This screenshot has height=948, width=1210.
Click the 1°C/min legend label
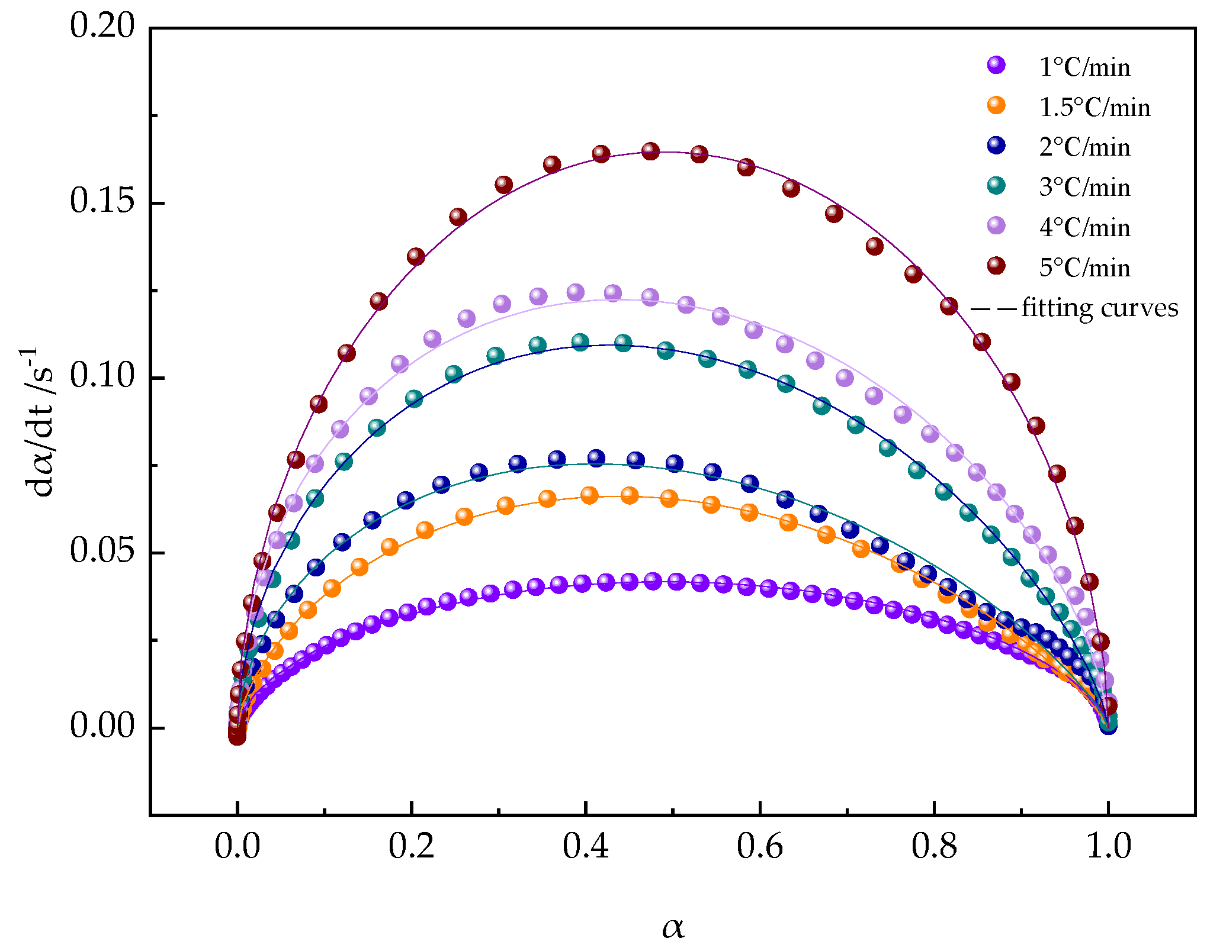coord(1084,67)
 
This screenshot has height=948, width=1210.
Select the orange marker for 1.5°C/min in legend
coord(997,105)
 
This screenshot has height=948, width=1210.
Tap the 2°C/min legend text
coord(1084,147)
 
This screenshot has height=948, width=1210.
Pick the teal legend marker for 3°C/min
coord(997,185)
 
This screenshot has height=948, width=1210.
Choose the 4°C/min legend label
coord(1084,228)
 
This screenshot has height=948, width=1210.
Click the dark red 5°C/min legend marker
coord(997,266)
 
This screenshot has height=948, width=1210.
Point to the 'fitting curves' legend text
coord(1100,308)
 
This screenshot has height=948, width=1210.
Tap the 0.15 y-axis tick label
coord(102,202)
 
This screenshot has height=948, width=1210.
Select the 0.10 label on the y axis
coord(102,377)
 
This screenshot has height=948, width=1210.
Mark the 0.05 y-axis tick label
coord(102,552)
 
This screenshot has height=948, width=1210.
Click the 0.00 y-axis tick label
coord(102,727)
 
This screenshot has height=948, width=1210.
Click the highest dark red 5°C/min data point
coord(650,151)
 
